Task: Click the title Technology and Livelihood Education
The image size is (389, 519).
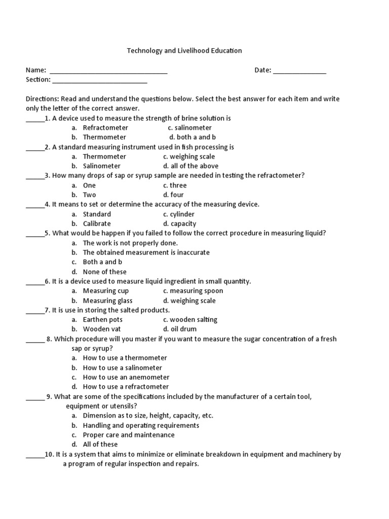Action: coord(184,51)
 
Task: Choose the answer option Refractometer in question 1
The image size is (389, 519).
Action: coord(105,128)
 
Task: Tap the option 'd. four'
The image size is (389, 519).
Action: coord(173,195)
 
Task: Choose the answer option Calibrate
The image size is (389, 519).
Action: coord(97,224)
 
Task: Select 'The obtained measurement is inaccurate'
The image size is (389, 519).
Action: coord(146,252)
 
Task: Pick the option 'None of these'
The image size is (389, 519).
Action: coord(104,272)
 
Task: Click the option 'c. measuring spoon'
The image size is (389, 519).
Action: coord(193,291)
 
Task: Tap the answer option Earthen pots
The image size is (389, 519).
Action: coord(103,320)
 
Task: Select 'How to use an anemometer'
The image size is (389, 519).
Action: coord(126,377)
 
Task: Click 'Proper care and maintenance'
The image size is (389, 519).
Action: coord(129,435)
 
